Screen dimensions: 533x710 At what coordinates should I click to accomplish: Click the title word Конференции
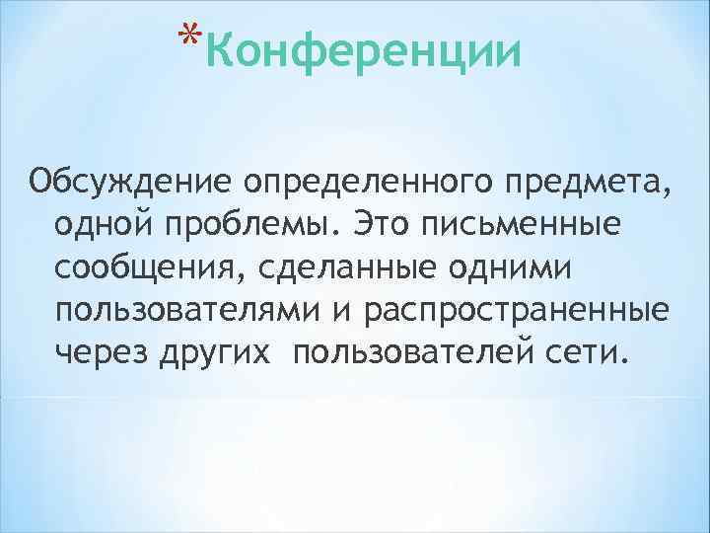pos(364,49)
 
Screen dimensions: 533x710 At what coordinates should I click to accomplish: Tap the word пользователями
pos(185,311)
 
